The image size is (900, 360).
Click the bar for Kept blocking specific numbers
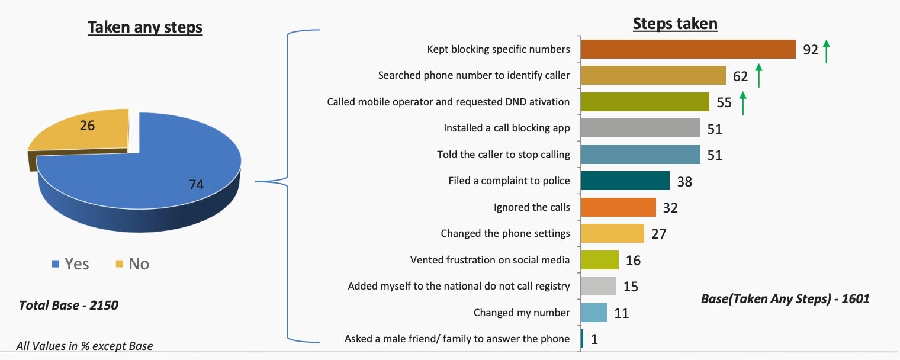[688, 49]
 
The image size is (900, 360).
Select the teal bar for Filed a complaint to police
[625, 181]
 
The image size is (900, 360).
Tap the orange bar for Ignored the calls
[618, 207]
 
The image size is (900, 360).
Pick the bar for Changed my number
[594, 313]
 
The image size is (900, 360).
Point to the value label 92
[811, 50]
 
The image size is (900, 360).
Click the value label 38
[684, 182]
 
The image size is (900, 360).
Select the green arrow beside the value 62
[758, 75]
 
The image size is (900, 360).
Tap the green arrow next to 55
[743, 103]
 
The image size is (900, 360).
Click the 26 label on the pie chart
[87, 126]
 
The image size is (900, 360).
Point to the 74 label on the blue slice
[196, 185]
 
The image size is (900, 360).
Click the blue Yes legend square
[56, 264]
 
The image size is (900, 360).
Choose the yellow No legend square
[120, 264]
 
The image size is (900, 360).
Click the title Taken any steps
[145, 27]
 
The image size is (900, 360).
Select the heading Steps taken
[675, 24]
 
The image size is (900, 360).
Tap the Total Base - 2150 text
[69, 306]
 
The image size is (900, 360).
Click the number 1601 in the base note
[856, 299]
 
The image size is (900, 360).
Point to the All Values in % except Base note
[84, 346]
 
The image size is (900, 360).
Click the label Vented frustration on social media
[490, 260]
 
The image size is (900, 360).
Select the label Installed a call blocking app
[507, 128]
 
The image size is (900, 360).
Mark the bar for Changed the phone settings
[612, 233]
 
